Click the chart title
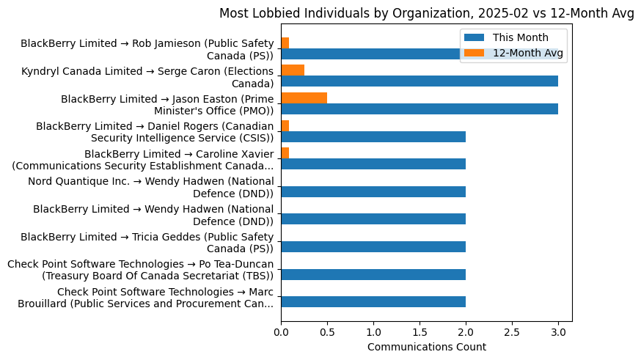click(426, 12)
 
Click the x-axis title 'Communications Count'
click(426, 346)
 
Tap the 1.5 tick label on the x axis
click(420, 331)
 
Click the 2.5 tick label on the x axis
click(512, 331)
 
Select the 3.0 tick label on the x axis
click(558, 331)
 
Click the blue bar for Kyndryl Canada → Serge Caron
click(419, 81)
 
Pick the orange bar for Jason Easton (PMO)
click(304, 98)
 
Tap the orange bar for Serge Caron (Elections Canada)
click(293, 70)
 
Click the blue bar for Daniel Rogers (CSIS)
click(373, 137)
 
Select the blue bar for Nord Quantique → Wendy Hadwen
click(373, 192)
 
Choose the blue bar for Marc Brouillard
click(373, 302)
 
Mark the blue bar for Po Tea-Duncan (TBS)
click(373, 275)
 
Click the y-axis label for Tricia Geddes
click(147, 242)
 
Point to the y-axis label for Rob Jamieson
click(147, 49)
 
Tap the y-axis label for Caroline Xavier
click(143, 159)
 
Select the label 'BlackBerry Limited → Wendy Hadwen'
click(153, 215)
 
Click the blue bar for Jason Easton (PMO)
click(419, 109)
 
